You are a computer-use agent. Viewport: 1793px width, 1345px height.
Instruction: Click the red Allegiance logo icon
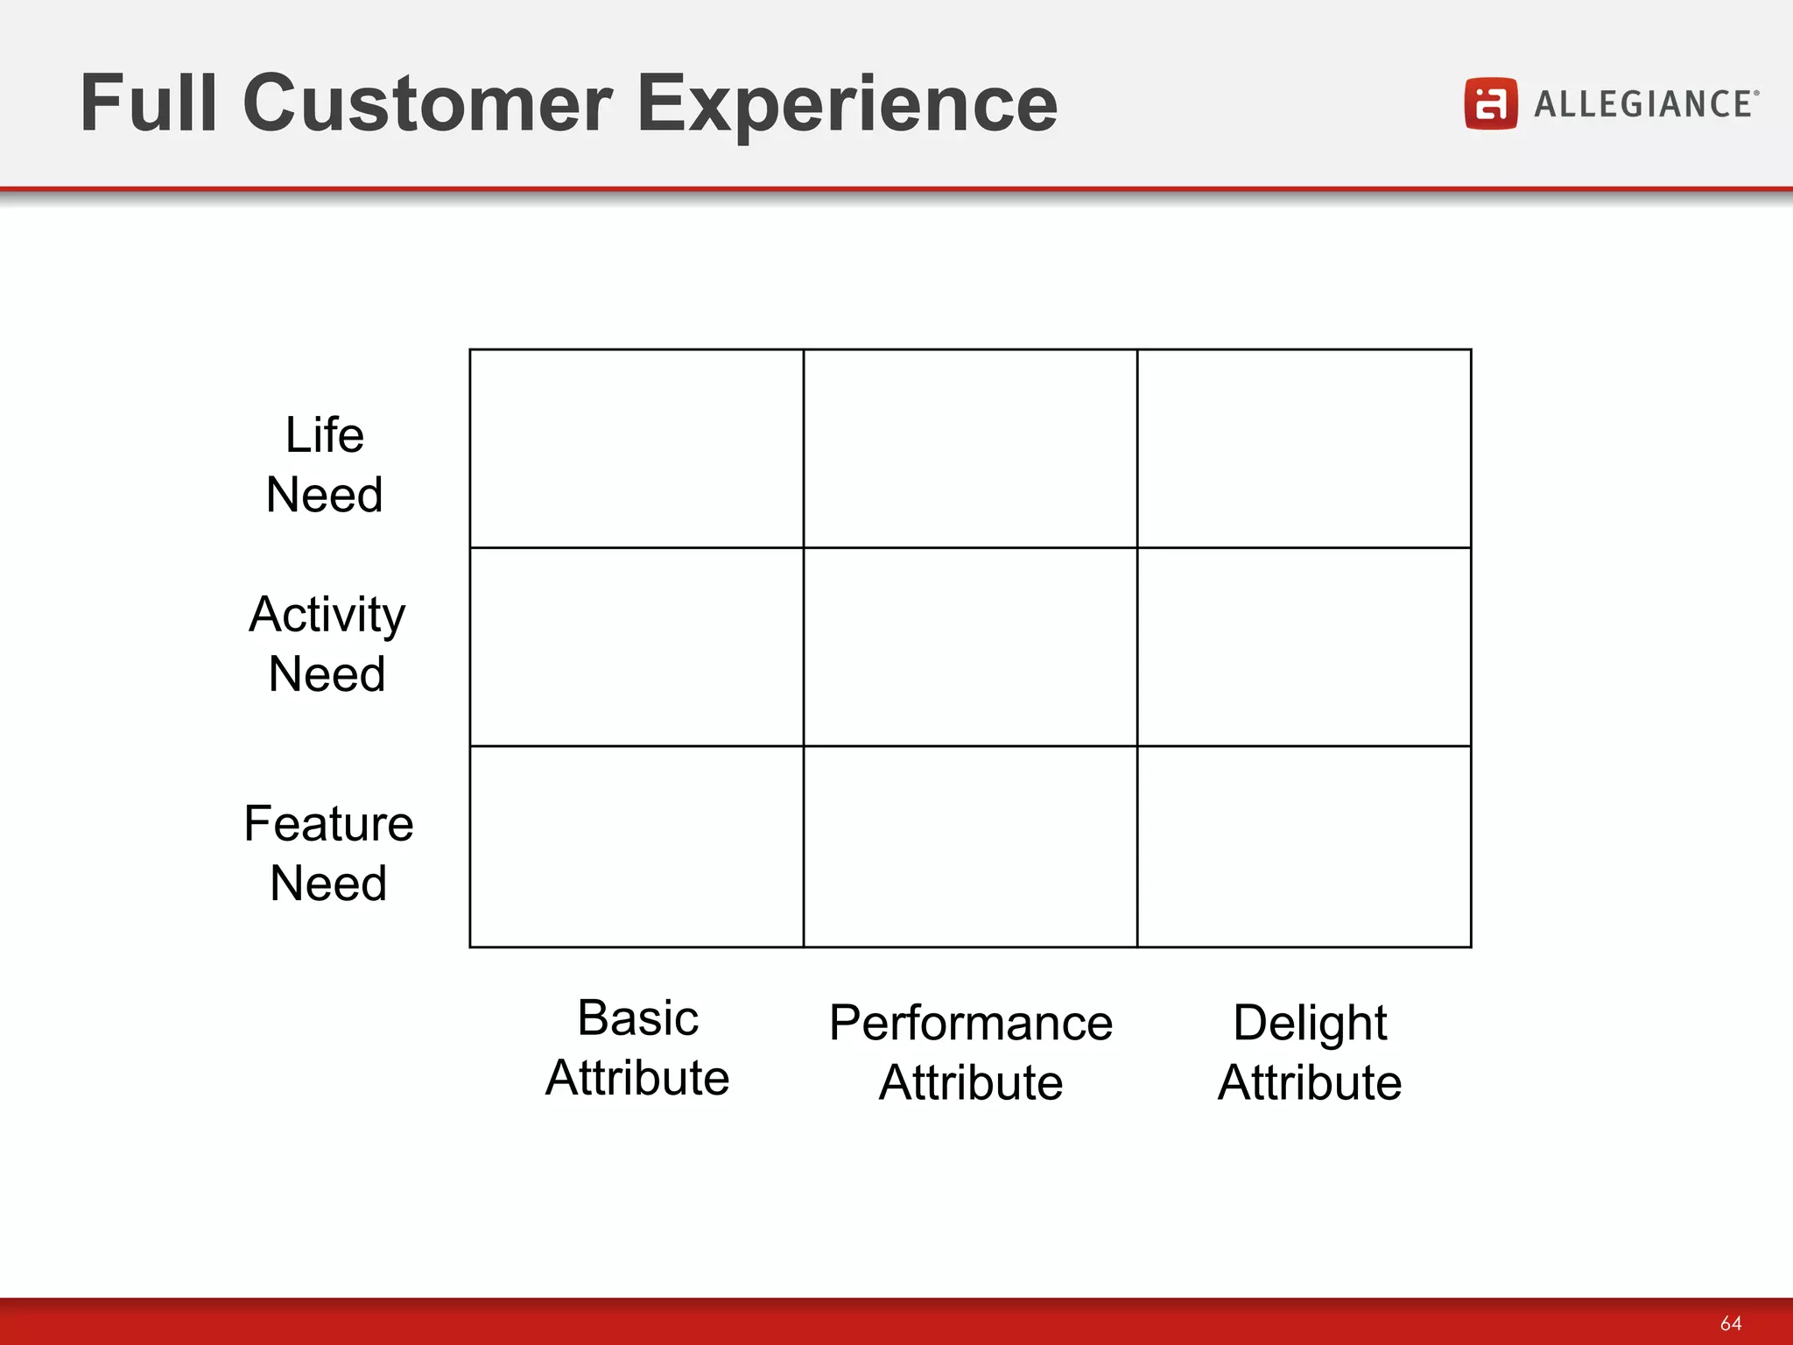1490,103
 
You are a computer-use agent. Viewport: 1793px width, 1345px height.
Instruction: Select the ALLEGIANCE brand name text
1643,104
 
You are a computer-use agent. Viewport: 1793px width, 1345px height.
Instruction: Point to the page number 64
1730,1323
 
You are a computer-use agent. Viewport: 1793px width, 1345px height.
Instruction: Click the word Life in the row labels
325,435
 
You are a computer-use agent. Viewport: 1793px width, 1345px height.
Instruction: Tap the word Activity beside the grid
327,615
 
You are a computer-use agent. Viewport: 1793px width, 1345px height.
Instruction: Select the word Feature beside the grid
328,824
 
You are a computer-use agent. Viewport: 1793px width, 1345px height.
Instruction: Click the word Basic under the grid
637,1018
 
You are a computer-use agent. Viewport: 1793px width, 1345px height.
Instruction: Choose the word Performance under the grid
970,1023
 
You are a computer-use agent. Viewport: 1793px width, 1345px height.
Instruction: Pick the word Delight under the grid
1309,1023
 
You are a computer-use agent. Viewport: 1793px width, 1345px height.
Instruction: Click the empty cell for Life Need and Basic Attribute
636,448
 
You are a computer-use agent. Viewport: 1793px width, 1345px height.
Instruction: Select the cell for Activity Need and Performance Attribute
970,647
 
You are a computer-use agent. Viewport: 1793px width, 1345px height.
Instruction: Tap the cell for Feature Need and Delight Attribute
1304,846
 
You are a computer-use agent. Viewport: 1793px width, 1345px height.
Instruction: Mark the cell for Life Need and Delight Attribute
1304,448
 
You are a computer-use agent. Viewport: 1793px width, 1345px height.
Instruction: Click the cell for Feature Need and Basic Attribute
636,846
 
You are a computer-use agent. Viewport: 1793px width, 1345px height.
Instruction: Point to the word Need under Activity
327,674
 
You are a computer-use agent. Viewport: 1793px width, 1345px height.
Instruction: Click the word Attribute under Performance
970,1082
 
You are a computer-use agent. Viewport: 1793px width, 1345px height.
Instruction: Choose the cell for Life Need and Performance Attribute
970,448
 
